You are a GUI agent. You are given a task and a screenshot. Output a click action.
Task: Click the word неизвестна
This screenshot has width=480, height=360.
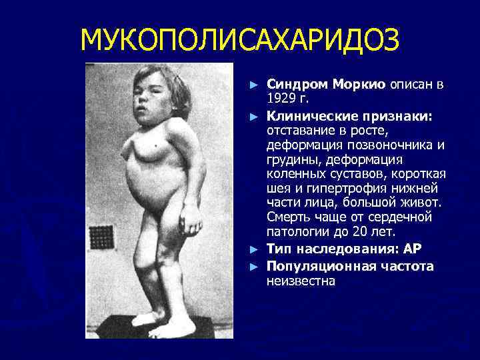point(301,281)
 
